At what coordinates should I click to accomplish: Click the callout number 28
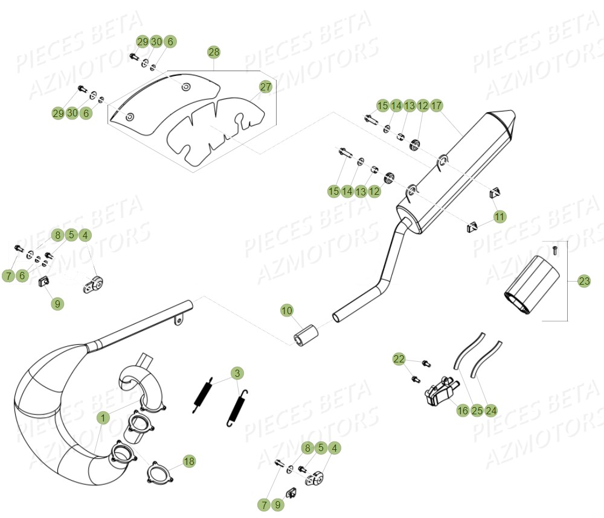[214, 52]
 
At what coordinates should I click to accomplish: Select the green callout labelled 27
[266, 87]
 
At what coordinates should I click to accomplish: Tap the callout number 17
[437, 106]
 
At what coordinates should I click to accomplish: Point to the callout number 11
[500, 216]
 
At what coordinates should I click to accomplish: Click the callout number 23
[584, 280]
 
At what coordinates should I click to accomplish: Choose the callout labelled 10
[287, 311]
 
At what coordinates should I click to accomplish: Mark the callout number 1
[103, 417]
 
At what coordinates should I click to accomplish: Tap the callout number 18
[189, 461]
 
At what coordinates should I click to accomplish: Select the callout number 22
[399, 359]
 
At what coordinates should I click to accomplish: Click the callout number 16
[463, 411]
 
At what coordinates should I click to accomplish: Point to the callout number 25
[477, 411]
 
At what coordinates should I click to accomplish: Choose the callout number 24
[491, 411]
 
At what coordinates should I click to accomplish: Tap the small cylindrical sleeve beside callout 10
[306, 334]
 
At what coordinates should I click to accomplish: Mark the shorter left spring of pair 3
[204, 395]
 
